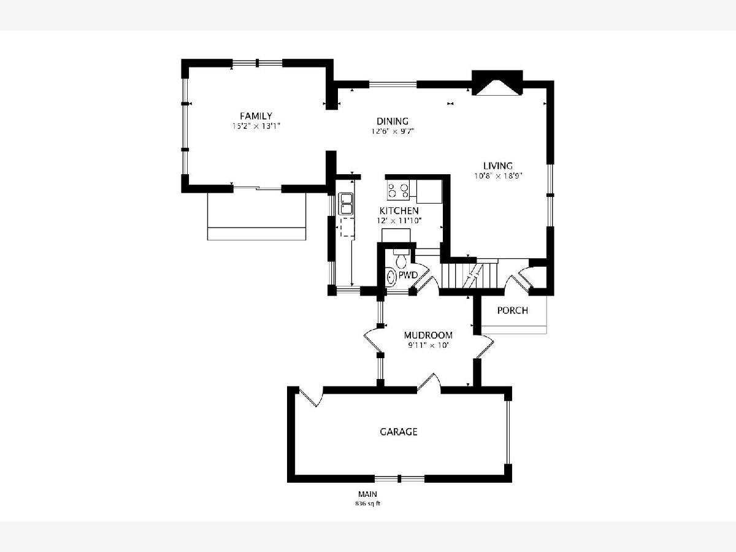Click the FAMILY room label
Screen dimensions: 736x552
(256, 116)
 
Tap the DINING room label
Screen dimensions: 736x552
(393, 121)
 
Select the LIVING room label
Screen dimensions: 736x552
(498, 166)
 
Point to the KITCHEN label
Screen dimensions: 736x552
(399, 211)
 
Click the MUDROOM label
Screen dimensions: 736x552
(428, 335)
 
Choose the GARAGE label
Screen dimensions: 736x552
(399, 432)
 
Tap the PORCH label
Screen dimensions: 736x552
(512, 310)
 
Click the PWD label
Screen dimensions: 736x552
(408, 275)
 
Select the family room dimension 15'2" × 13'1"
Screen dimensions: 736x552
(256, 126)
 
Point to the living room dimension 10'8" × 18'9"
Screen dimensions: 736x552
(498, 175)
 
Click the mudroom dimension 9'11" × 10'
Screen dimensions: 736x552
(428, 345)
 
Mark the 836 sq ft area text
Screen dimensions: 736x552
(368, 504)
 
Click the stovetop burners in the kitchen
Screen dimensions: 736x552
(398, 190)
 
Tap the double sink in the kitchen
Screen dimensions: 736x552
(346, 204)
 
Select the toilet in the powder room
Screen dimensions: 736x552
(401, 258)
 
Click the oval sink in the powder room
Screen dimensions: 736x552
(391, 277)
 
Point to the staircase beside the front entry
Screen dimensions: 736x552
(469, 275)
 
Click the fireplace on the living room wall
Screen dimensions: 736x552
(497, 83)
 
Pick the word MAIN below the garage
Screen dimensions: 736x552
(367, 494)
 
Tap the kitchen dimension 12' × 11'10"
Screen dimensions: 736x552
(399, 221)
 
